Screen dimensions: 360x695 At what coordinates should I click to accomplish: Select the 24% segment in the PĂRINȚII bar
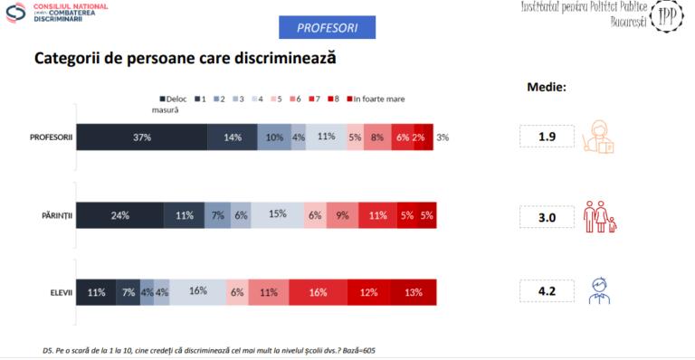click(119, 216)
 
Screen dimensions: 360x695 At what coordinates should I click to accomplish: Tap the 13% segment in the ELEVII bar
click(414, 293)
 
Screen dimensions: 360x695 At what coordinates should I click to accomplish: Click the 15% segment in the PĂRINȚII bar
click(277, 216)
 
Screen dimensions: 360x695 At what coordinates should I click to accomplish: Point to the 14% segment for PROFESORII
click(232, 137)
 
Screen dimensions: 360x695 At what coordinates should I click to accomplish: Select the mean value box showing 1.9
click(547, 137)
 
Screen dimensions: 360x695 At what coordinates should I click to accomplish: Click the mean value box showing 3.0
click(547, 217)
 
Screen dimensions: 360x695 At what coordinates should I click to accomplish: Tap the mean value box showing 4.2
click(547, 292)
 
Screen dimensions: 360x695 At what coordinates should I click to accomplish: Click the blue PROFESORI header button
click(327, 28)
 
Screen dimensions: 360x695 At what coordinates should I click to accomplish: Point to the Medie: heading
click(547, 88)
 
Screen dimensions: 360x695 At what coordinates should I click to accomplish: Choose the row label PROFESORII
click(51, 137)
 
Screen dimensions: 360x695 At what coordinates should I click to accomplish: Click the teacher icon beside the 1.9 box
click(600, 136)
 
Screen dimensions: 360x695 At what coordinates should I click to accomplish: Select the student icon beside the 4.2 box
click(598, 291)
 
